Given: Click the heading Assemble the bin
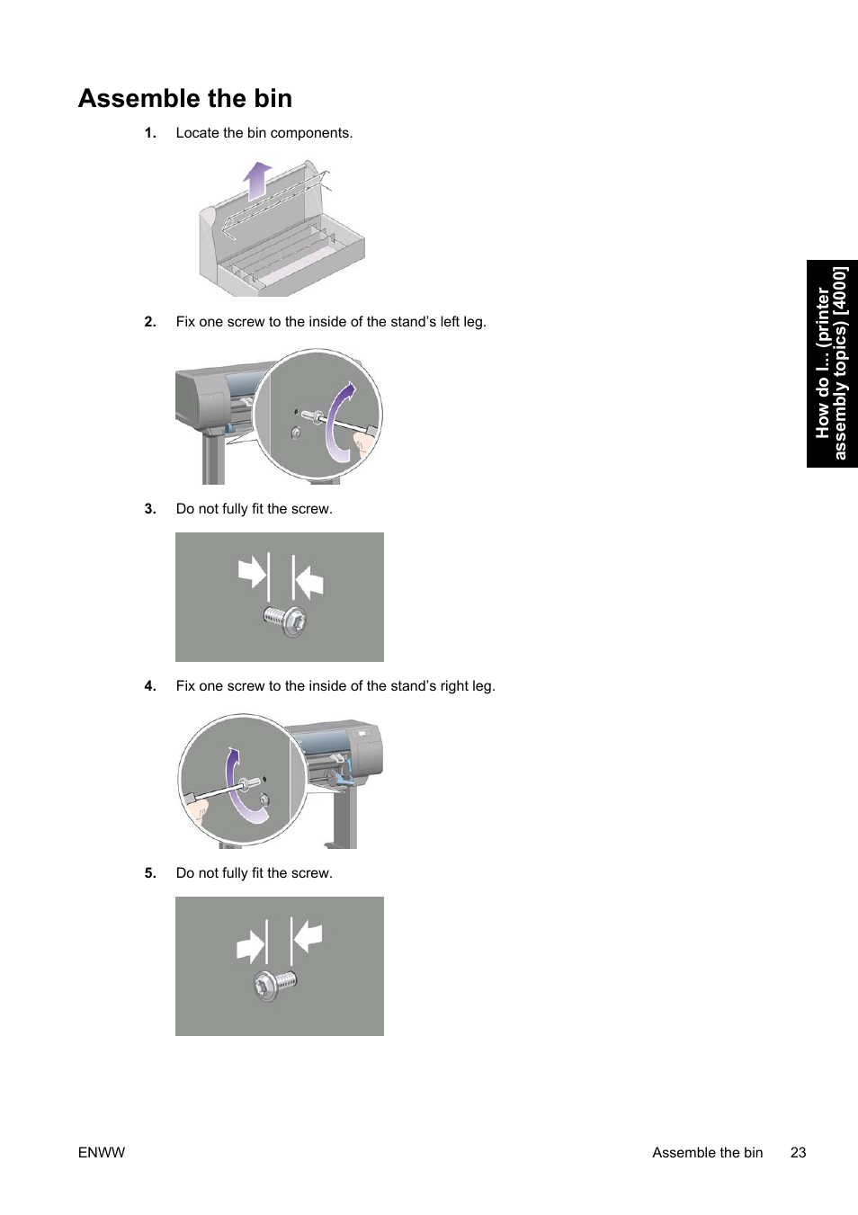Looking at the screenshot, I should pos(185,98).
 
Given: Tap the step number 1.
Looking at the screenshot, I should pos(150,133).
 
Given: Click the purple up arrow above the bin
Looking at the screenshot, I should pos(258,180).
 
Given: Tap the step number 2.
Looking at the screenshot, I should pos(150,322).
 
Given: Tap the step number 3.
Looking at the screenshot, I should pos(150,509).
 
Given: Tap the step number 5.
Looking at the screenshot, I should pos(150,873).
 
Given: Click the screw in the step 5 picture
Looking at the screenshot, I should pos(273,984).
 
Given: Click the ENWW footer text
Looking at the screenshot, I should pos(102,1153).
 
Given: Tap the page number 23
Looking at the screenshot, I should pos(798,1153).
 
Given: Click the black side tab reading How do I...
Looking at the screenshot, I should pos(832,363).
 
